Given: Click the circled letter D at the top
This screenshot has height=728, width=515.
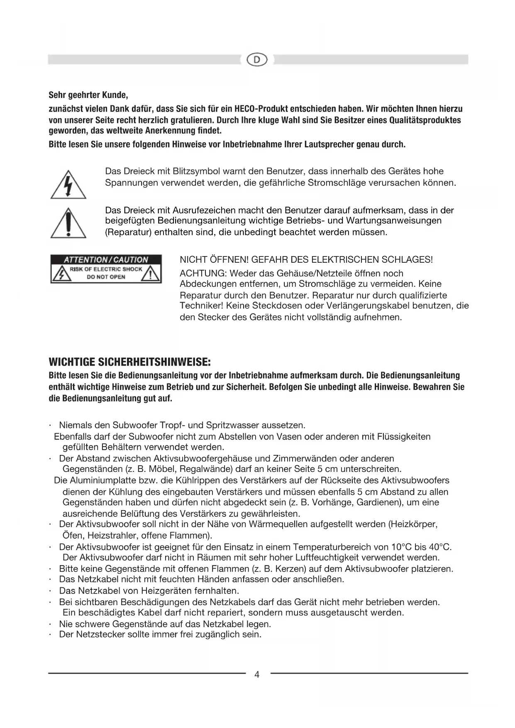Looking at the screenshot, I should click(x=257, y=60).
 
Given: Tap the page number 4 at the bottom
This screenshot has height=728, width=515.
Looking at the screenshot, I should click(x=257, y=674).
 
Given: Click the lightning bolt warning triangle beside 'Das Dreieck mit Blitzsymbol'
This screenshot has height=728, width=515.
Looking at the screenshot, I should click(x=68, y=185).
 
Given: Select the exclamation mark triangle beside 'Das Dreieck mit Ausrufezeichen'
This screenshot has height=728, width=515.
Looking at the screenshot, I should click(x=68, y=224).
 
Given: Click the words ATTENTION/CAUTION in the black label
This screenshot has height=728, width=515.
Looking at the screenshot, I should click(x=106, y=260).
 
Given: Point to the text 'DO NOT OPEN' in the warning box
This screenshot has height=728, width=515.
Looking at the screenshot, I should click(x=106, y=277).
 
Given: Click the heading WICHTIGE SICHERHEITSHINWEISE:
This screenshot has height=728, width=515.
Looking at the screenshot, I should click(x=130, y=362).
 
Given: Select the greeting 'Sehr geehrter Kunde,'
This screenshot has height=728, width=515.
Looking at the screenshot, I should click(x=88, y=95).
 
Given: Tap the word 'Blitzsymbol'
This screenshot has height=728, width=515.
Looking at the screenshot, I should click(x=196, y=171).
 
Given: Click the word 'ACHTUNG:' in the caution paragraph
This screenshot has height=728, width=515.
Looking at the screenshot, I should click(x=203, y=274).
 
